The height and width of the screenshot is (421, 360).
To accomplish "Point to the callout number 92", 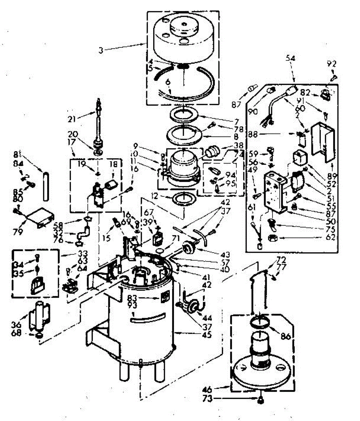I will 332,64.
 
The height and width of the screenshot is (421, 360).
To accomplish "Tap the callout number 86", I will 286,336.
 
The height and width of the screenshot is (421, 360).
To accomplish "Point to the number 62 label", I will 330,238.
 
